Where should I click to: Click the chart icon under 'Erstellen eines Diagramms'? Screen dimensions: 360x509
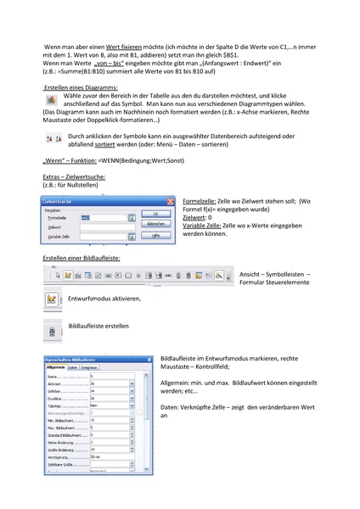coord(50,100)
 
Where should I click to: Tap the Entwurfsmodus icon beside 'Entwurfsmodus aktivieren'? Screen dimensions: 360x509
coord(51,299)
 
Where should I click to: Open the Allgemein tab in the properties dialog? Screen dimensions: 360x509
coord(56,366)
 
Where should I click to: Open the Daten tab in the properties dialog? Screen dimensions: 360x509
coord(73,366)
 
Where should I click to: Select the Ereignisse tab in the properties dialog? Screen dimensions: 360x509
coord(90,366)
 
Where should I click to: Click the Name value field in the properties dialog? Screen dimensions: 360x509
coord(108,376)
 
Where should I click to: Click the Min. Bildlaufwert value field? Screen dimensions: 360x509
coord(108,419)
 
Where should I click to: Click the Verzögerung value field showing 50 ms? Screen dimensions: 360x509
coord(108,456)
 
